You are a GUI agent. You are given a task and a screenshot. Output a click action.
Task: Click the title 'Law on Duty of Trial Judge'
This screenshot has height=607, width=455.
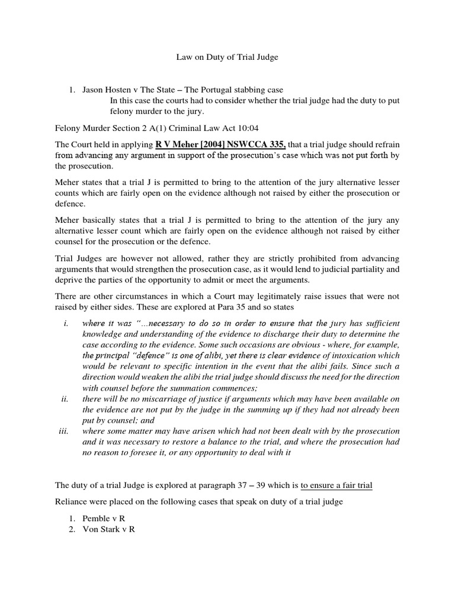[227, 57]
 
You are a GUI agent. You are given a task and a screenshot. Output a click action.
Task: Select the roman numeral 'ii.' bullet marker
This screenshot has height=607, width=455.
[65, 399]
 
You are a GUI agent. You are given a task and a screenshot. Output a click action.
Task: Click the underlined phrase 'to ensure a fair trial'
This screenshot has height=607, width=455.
[336, 485]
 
